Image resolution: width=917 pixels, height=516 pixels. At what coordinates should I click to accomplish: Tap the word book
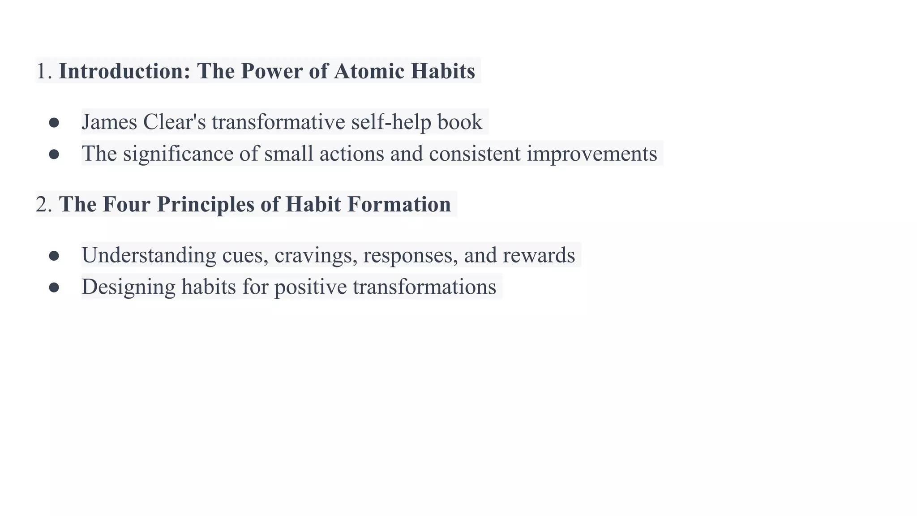[460, 122]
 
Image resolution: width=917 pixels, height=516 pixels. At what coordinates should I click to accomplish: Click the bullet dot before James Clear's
[54, 123]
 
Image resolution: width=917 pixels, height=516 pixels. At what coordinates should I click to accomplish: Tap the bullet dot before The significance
[54, 155]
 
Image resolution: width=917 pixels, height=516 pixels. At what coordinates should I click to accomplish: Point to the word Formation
[399, 204]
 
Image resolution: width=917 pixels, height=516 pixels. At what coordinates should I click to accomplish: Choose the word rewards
[539, 255]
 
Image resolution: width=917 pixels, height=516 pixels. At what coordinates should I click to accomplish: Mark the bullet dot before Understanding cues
[54, 256]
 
